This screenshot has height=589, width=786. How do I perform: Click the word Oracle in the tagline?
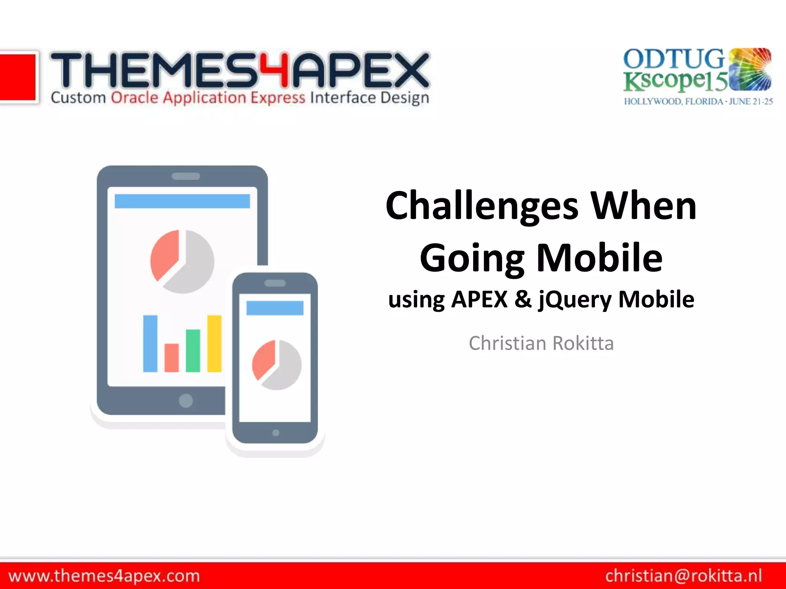tap(134, 98)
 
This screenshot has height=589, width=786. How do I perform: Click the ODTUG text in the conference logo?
tap(674, 59)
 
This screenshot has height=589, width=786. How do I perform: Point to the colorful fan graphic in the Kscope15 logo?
tap(750, 69)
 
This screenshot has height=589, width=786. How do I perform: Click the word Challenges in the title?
tap(482, 207)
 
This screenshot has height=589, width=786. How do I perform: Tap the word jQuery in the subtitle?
tap(575, 300)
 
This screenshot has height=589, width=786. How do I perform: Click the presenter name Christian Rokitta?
tap(541, 343)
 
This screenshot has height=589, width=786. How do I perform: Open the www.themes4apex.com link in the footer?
tap(104, 576)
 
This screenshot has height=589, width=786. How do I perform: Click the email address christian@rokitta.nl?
tap(684, 576)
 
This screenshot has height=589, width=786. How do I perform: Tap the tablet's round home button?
tap(186, 401)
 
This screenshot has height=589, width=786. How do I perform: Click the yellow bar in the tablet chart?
tap(214, 344)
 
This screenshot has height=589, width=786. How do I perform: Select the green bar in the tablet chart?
tap(193, 350)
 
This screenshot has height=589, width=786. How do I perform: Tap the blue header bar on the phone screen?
tap(275, 308)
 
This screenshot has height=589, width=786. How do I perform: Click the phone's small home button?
tap(276, 433)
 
